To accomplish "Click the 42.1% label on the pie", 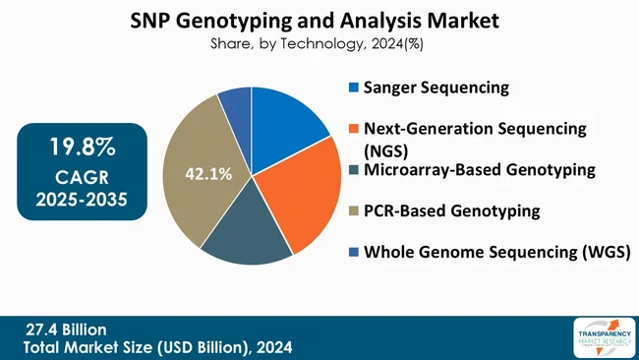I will point(208,175).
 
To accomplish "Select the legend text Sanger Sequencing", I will point(436,88).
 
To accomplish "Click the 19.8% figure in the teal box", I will point(83,149).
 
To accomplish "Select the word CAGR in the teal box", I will point(82,178).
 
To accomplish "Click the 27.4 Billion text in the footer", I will point(66,329).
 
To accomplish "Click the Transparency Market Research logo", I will point(596,338).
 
